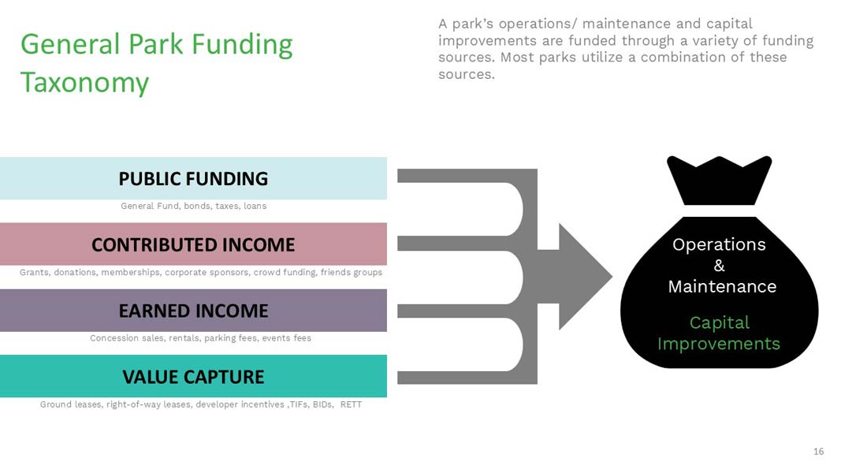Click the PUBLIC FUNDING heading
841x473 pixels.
(x=193, y=179)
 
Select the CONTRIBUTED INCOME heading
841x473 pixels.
(x=193, y=244)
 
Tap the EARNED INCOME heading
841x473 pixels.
(x=193, y=311)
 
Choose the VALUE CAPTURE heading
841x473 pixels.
(x=193, y=377)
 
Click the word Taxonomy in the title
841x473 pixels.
(x=84, y=83)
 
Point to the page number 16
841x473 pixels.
(x=818, y=452)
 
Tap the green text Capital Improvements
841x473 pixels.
(x=719, y=333)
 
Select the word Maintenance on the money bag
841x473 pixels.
(x=722, y=286)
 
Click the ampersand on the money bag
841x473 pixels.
(x=720, y=266)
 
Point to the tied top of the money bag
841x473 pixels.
(x=720, y=181)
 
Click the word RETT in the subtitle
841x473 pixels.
(x=351, y=404)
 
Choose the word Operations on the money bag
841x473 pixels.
(x=719, y=245)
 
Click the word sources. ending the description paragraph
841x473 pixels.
(x=466, y=74)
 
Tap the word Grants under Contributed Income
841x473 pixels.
(x=35, y=273)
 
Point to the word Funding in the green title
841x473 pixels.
(x=242, y=44)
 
